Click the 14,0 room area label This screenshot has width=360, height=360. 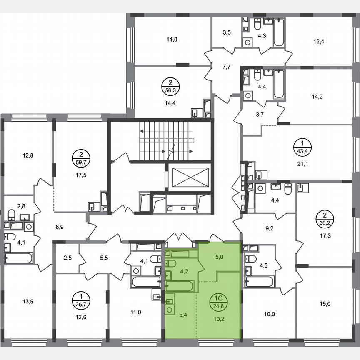click(x=172, y=40)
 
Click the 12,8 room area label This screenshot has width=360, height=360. click(x=28, y=156)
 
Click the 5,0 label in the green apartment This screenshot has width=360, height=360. click(x=219, y=257)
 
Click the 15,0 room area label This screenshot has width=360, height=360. click(x=325, y=304)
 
